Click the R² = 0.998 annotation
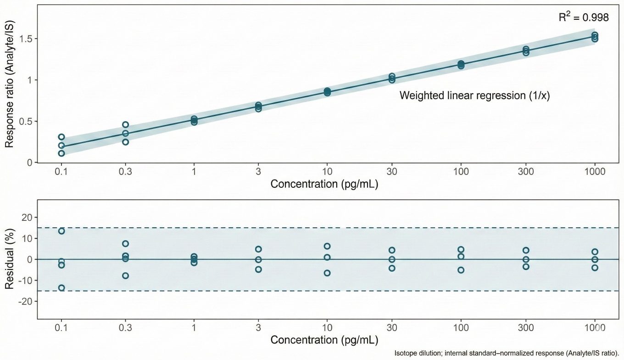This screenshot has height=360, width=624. [x=583, y=18]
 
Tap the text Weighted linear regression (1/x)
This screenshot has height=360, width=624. [x=475, y=96]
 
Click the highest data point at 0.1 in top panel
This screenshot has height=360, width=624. [x=61, y=137]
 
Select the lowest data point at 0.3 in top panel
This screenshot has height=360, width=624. [x=125, y=142]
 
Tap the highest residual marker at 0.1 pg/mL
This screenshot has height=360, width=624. [x=61, y=231]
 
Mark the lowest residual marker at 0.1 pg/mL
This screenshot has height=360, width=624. [x=61, y=288]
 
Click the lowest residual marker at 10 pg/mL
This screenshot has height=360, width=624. [x=327, y=273]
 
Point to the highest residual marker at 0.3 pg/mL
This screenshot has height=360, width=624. [x=125, y=244]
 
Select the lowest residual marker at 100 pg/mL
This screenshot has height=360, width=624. [x=461, y=270]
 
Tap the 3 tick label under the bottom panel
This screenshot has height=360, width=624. [x=258, y=328]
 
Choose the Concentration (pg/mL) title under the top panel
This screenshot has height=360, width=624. [x=324, y=185]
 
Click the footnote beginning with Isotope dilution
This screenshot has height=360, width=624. [x=507, y=353]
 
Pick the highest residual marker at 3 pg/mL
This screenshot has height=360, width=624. [x=258, y=249]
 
